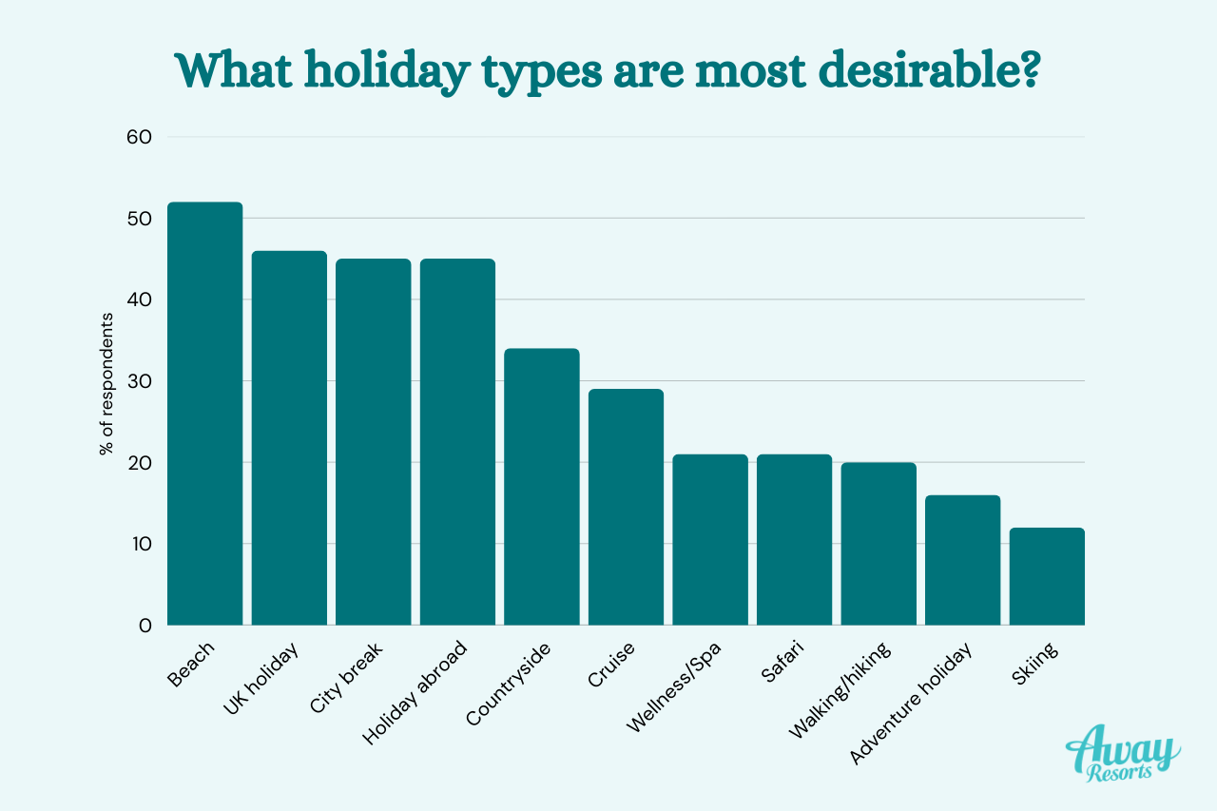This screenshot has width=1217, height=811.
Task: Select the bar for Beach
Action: point(204,414)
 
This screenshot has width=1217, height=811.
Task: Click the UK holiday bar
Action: point(289,437)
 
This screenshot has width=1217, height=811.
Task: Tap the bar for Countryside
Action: point(542,487)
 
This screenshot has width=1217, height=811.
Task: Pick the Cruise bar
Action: point(626,507)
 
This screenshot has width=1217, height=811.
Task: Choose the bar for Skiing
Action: point(1047,576)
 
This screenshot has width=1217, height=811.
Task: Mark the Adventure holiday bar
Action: point(962,560)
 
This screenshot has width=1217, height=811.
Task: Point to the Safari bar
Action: point(794,539)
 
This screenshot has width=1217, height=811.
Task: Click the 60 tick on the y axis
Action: point(139,137)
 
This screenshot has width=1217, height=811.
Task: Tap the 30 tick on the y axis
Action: point(139,381)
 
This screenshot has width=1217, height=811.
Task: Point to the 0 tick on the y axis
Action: point(145,626)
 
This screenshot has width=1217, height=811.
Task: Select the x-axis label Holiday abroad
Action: point(415,693)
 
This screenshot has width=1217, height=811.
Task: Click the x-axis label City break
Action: point(346,678)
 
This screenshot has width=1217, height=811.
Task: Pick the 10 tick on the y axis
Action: point(139,544)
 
